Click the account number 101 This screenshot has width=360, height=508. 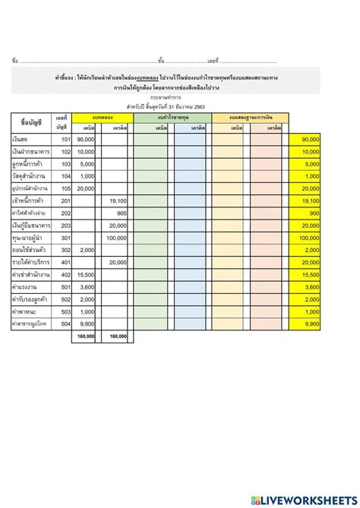pyautogui.click(x=65, y=140)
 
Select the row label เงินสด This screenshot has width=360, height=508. pyautogui.click(x=24, y=140)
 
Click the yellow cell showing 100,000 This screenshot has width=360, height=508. pyautogui.click(x=310, y=238)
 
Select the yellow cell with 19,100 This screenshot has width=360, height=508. pyautogui.click(x=311, y=201)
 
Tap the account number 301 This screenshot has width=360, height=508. pyautogui.click(x=65, y=238)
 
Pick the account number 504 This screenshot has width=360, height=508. pyautogui.click(x=65, y=323)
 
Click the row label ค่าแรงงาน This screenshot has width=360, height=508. pyautogui.click(x=27, y=286)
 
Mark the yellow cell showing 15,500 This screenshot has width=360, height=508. pyautogui.click(x=311, y=274)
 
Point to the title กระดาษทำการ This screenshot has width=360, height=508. pyautogui.click(x=180, y=98)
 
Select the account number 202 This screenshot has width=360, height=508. pyautogui.click(x=65, y=213)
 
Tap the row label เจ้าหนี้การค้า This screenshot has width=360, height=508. pyautogui.click(x=30, y=201)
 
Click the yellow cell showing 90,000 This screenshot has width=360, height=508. pyautogui.click(x=311, y=140)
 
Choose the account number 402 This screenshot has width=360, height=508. pyautogui.click(x=65, y=274)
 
